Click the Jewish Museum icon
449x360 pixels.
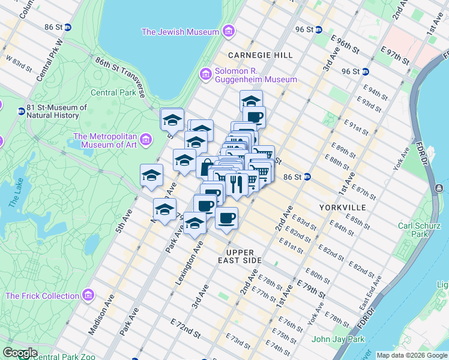click(x=228, y=31)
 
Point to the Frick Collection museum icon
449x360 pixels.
click(x=88, y=295)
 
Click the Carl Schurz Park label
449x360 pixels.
click(x=420, y=230)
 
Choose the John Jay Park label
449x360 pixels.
click(x=339, y=339)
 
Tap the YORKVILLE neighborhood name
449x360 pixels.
click(x=343, y=207)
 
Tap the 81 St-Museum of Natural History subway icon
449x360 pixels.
click(x=21, y=111)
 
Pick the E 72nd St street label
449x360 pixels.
click(x=185, y=331)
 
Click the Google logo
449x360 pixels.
click(x=20, y=353)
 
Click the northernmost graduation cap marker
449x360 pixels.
click(x=251, y=100)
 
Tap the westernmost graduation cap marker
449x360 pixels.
click(x=151, y=175)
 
